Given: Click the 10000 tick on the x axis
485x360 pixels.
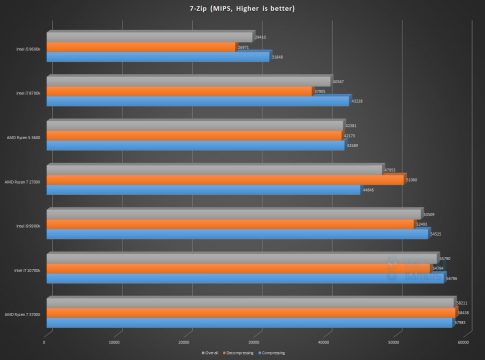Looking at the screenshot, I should click(x=115, y=341).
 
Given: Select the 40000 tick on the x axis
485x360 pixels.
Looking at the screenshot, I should click(x=324, y=341).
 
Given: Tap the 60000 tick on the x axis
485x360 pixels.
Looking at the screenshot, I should click(x=463, y=341).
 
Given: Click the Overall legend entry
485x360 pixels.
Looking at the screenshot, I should click(x=210, y=351).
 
